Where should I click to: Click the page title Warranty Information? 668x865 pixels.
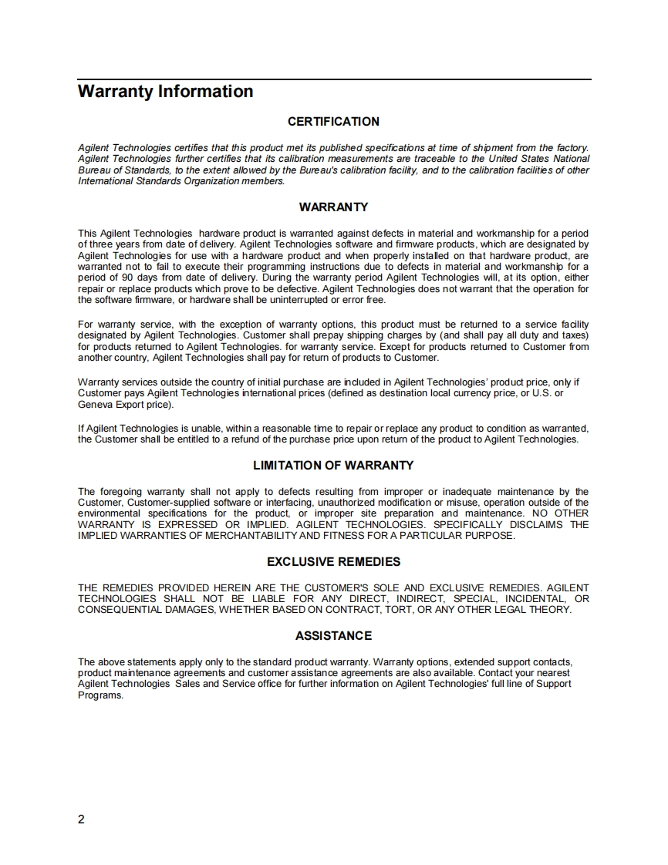point(165,92)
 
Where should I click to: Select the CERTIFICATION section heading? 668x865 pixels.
point(333,122)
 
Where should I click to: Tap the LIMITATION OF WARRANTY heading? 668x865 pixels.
point(333,466)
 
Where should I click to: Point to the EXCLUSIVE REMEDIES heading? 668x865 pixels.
point(333,562)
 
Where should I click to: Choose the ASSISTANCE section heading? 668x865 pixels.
point(333,636)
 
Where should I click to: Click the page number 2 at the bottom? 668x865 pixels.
point(82,819)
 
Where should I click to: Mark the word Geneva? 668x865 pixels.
point(96,405)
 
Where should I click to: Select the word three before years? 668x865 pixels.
point(105,244)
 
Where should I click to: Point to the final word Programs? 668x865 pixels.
point(101,695)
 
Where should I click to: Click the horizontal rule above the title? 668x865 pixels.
point(334,79)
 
